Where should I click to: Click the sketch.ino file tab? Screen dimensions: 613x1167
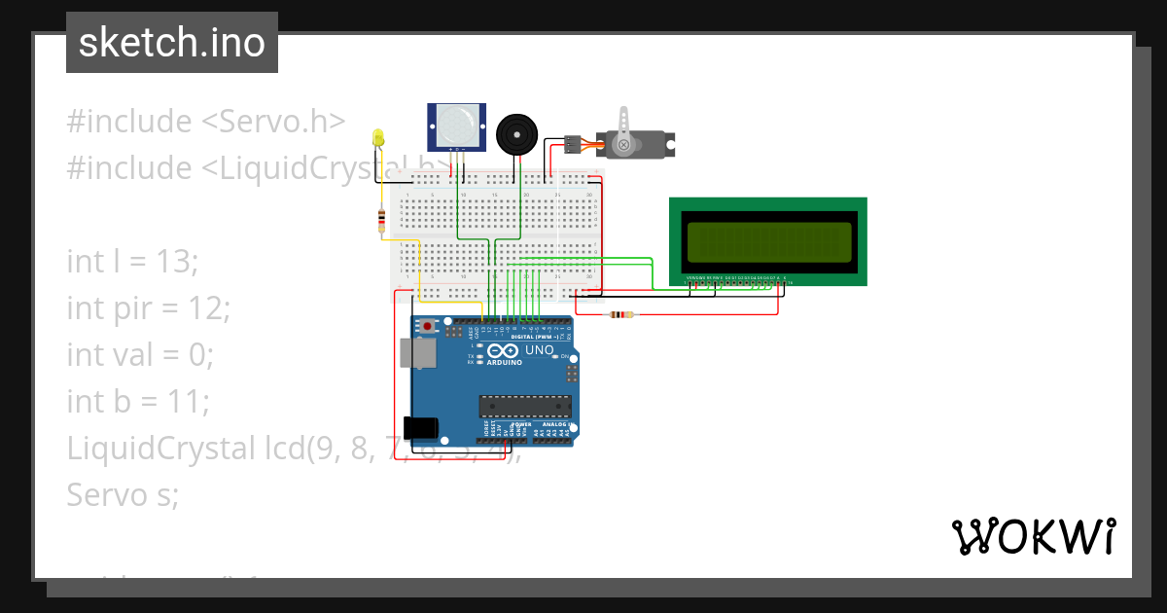tap(172, 43)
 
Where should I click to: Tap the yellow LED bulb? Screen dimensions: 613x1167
tap(378, 138)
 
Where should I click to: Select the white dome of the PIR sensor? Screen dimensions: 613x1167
tap(456, 125)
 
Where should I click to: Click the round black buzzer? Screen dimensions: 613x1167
tap(515, 133)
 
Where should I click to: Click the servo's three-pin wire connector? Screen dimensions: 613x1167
tap(573, 144)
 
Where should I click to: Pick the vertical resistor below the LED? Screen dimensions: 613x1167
tap(380, 221)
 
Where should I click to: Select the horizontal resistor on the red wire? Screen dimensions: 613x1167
tap(620, 314)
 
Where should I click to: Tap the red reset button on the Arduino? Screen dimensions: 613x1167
tap(427, 326)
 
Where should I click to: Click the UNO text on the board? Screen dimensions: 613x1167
tap(539, 350)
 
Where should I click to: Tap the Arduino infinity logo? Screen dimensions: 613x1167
tap(504, 350)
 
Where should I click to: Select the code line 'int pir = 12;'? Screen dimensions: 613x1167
tap(149, 308)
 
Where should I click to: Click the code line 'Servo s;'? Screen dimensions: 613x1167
tap(123, 494)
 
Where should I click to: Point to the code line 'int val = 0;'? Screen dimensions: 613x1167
tap(139, 354)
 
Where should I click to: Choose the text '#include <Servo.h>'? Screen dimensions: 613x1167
tap(206, 122)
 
